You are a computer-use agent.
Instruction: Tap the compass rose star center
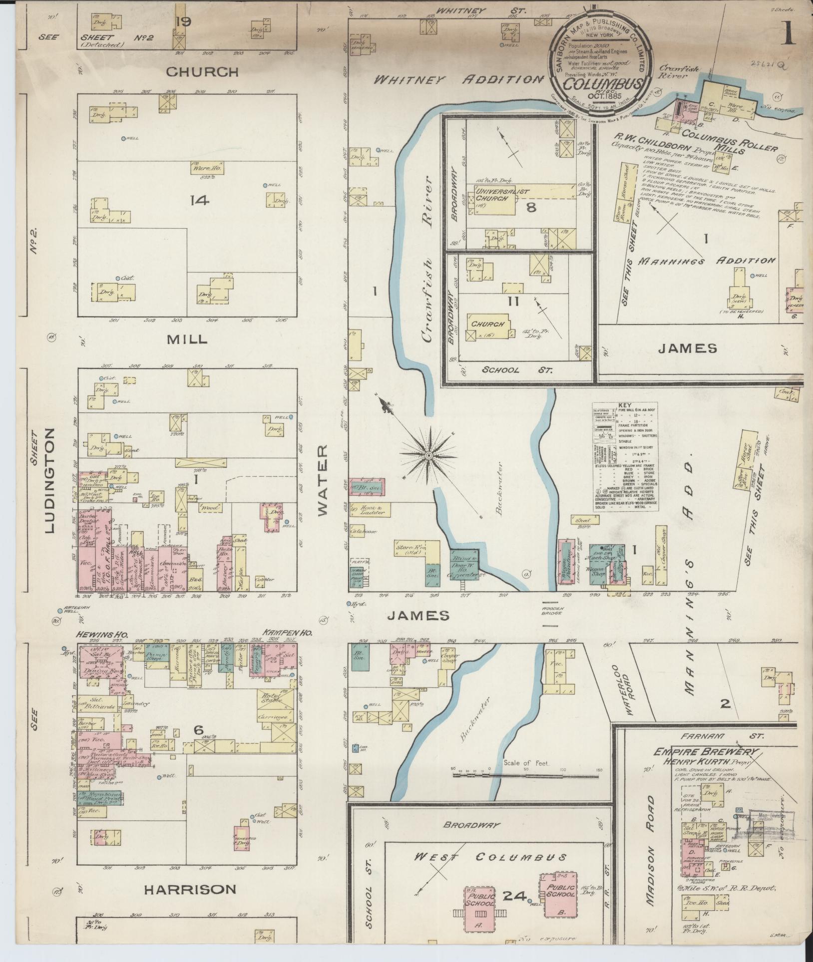point(428,455)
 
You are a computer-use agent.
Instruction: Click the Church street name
point(202,72)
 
